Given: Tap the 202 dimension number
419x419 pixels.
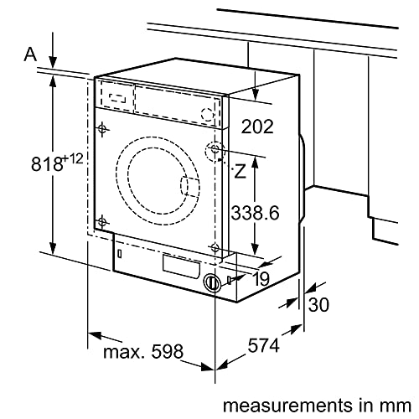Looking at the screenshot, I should coord(258,127).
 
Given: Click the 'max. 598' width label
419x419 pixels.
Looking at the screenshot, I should coord(142,352).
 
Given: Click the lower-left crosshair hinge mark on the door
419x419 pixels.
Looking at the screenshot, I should coord(102,221).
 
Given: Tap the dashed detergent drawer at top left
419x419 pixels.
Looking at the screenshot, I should coord(116,96).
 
